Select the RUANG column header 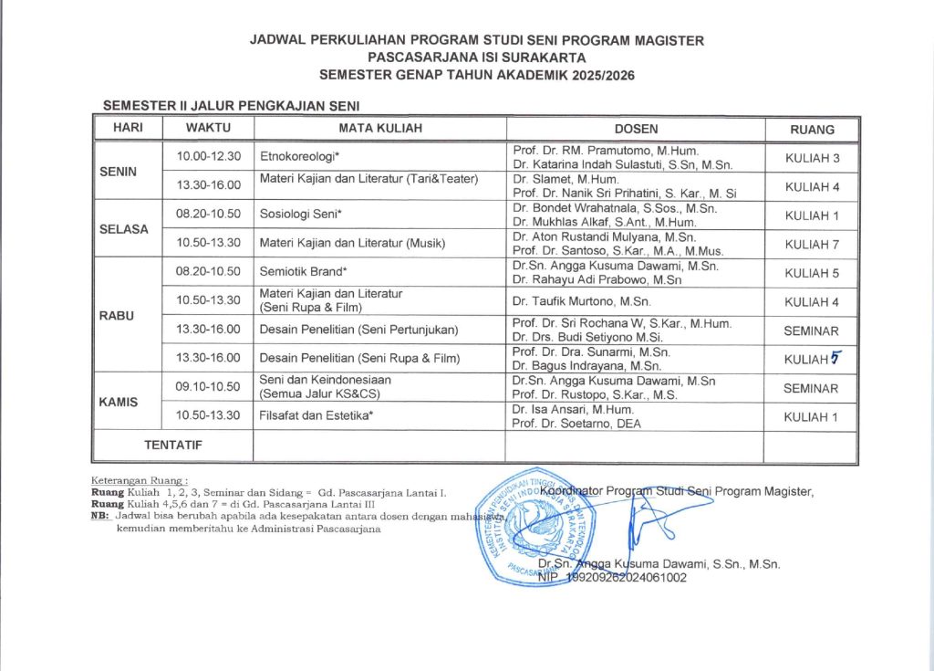811,129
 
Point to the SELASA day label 123,229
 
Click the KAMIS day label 119,402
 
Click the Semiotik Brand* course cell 305,272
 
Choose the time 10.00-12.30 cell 209,157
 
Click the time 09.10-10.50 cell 209,387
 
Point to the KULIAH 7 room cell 811,244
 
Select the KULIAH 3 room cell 811,158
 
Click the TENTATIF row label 172,446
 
